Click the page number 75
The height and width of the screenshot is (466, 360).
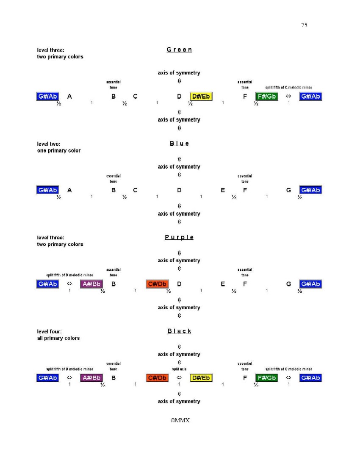(304, 25)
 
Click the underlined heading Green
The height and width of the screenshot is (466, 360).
(179, 50)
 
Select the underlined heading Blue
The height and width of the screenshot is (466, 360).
(180, 144)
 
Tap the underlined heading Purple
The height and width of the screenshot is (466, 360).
(179, 237)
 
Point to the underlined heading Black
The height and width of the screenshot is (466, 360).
(179, 331)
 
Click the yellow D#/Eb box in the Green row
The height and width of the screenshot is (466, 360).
(201, 97)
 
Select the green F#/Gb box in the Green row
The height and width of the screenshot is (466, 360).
(267, 97)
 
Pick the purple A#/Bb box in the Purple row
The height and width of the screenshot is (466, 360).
(91, 284)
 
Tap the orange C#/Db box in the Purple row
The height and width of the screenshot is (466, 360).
(157, 284)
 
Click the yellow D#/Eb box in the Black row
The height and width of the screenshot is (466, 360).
(201, 377)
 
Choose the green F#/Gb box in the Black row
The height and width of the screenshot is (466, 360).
(267, 377)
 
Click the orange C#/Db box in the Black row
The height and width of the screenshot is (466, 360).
(157, 377)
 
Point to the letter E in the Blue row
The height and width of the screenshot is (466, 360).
(223, 190)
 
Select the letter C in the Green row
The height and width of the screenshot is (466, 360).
(135, 97)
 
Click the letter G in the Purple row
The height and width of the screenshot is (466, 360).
(288, 284)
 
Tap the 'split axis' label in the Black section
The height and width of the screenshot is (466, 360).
(179, 369)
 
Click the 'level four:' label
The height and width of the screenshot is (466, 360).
(50, 332)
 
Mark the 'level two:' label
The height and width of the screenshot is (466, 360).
(49, 144)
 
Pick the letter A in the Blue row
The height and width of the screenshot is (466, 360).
(69, 190)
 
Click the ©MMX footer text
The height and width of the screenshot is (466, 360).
(179, 421)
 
